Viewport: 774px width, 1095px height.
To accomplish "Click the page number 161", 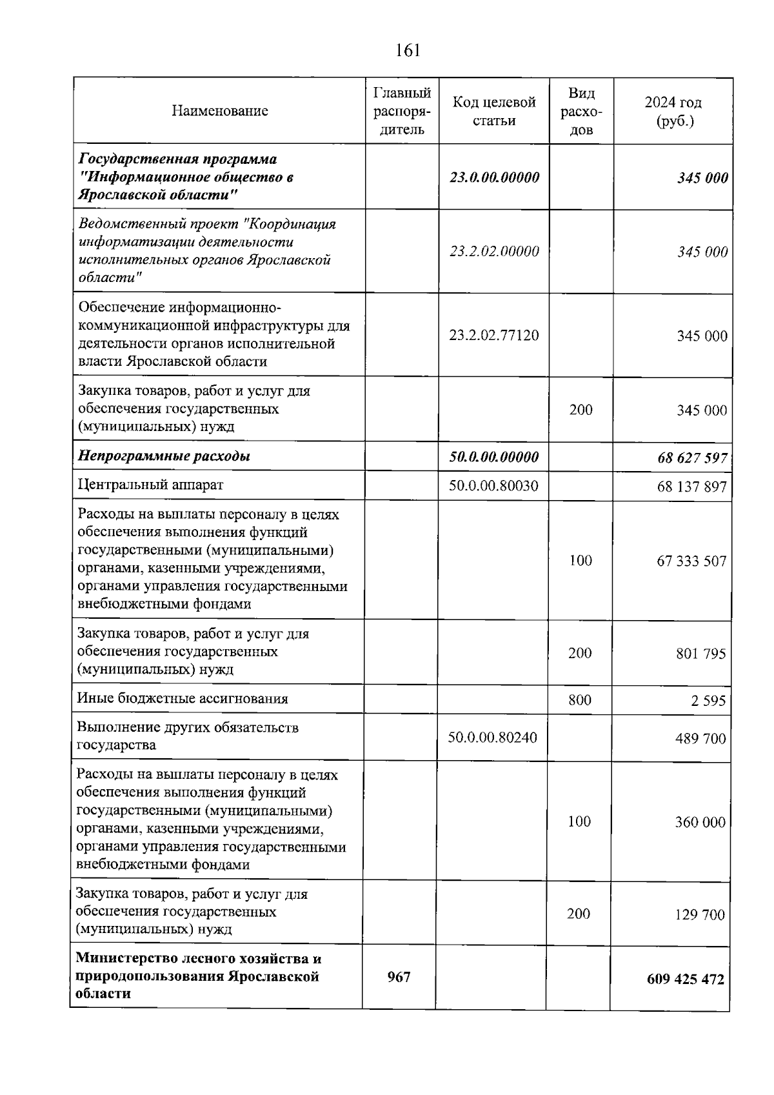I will point(408,50).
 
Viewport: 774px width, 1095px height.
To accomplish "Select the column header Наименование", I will point(219,111).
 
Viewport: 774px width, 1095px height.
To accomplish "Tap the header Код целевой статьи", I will point(494,111).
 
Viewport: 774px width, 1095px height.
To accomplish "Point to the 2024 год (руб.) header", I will point(673,111).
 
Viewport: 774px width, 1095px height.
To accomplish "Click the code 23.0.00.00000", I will point(494,177).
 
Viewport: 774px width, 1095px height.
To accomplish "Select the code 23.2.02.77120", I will point(494,336).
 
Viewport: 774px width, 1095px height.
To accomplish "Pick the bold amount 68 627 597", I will point(692,458).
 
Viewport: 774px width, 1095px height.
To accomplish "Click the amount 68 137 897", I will point(692,487).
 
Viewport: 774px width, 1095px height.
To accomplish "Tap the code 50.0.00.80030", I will point(493,485).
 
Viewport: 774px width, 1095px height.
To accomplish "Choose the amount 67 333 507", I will point(691,561).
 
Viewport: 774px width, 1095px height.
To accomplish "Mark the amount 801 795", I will point(700,654).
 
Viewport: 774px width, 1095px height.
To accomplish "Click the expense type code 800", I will point(580,699).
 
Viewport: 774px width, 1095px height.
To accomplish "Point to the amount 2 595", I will point(708,701).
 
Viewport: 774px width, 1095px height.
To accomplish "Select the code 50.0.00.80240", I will point(492,737).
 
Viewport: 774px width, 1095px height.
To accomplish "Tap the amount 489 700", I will point(700,739).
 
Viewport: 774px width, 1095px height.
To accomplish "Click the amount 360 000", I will point(700,823).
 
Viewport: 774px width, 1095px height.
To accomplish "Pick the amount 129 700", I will point(700,915).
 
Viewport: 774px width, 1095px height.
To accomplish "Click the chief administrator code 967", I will point(399,978).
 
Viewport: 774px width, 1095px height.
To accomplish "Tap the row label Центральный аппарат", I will point(150,485).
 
